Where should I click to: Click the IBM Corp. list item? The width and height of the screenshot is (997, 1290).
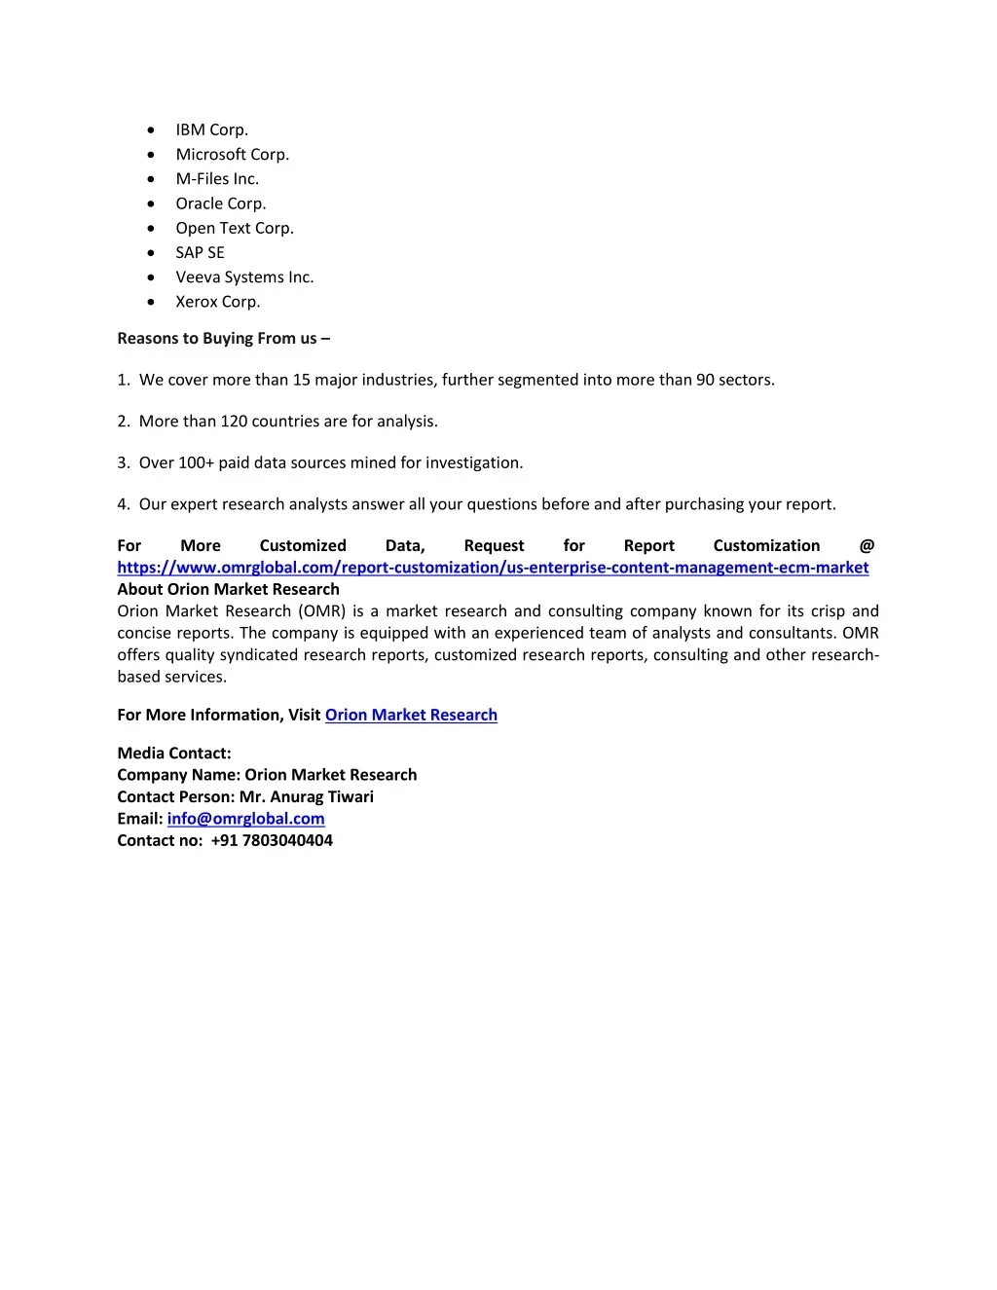pyautogui.click(x=211, y=129)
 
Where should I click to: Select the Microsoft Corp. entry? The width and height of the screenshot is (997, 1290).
pyautogui.click(x=232, y=154)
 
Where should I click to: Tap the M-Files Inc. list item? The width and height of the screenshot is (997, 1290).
pyautogui.click(x=217, y=178)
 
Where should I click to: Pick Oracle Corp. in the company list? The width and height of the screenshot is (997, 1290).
pyautogui.click(x=220, y=203)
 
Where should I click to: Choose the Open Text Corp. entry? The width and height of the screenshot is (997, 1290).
pyautogui.click(x=234, y=228)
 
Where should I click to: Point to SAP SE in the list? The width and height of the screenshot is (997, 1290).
pyautogui.click(x=200, y=252)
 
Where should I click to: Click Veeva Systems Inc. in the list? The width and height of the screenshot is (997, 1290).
pyautogui.click(x=244, y=276)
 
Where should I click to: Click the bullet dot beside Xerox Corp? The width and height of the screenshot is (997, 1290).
pyautogui.click(x=151, y=302)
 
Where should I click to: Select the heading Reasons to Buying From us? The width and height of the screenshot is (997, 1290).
pyautogui.click(x=223, y=338)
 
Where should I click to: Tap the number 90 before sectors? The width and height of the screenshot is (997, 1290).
pyautogui.click(x=705, y=380)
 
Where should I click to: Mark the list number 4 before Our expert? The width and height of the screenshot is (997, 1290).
pyautogui.click(x=123, y=504)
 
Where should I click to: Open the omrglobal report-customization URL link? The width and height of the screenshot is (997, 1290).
pyautogui.click(x=493, y=568)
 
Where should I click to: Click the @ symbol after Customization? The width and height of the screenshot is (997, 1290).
pyautogui.click(x=867, y=546)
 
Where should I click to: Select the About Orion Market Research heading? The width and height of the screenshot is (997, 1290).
pyautogui.click(x=228, y=589)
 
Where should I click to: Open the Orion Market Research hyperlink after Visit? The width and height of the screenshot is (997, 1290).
pyautogui.click(x=411, y=715)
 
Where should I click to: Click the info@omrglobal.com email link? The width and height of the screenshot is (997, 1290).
pyautogui.click(x=245, y=819)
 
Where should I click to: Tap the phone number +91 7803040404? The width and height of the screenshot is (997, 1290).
pyautogui.click(x=272, y=840)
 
